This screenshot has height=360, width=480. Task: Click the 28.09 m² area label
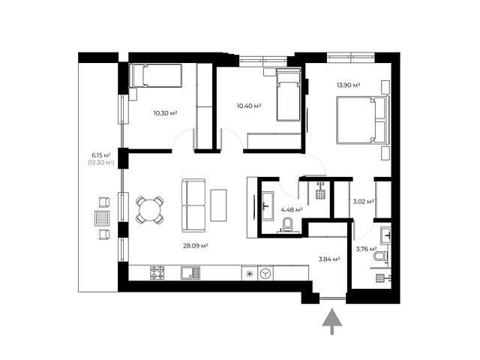196,245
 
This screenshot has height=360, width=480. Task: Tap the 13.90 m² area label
348,85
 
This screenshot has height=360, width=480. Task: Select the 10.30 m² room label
165,113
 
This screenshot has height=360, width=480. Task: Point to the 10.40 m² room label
249,106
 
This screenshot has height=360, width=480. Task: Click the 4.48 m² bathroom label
292,210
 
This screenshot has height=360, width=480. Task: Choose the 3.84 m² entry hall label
330,259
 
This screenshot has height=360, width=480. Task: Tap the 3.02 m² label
363,202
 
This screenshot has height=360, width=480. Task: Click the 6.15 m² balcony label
101,155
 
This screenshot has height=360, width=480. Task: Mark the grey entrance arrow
331,322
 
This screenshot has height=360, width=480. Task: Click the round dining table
150,210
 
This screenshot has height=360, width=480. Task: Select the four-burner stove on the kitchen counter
157,273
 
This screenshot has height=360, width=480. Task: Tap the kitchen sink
190,273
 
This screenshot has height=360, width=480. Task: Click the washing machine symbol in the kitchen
265,273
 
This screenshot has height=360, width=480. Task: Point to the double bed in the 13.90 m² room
363,120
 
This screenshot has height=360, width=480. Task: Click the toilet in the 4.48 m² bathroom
288,224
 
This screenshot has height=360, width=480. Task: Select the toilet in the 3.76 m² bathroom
381,256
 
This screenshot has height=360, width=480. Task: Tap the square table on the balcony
102,218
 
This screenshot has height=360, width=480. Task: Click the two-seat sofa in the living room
193,205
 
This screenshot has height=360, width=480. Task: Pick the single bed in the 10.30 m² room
155,75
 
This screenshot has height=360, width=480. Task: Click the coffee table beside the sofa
218,205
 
